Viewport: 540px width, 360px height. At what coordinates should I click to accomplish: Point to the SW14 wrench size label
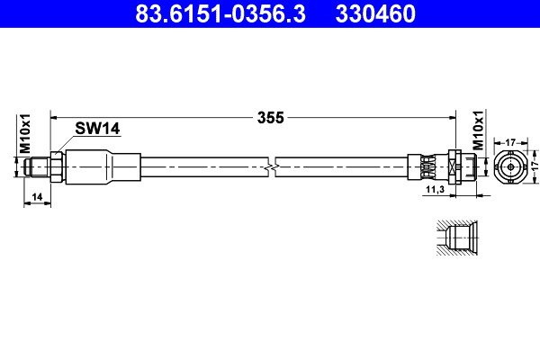pos(97,129)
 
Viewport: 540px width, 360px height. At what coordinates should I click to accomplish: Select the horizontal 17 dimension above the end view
pos(509,140)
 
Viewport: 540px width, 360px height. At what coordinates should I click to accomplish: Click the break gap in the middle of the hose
pos(273,166)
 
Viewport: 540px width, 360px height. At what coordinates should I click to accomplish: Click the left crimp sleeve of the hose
pos(103,166)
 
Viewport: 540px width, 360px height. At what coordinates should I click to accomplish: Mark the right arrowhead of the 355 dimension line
pos(450,116)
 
